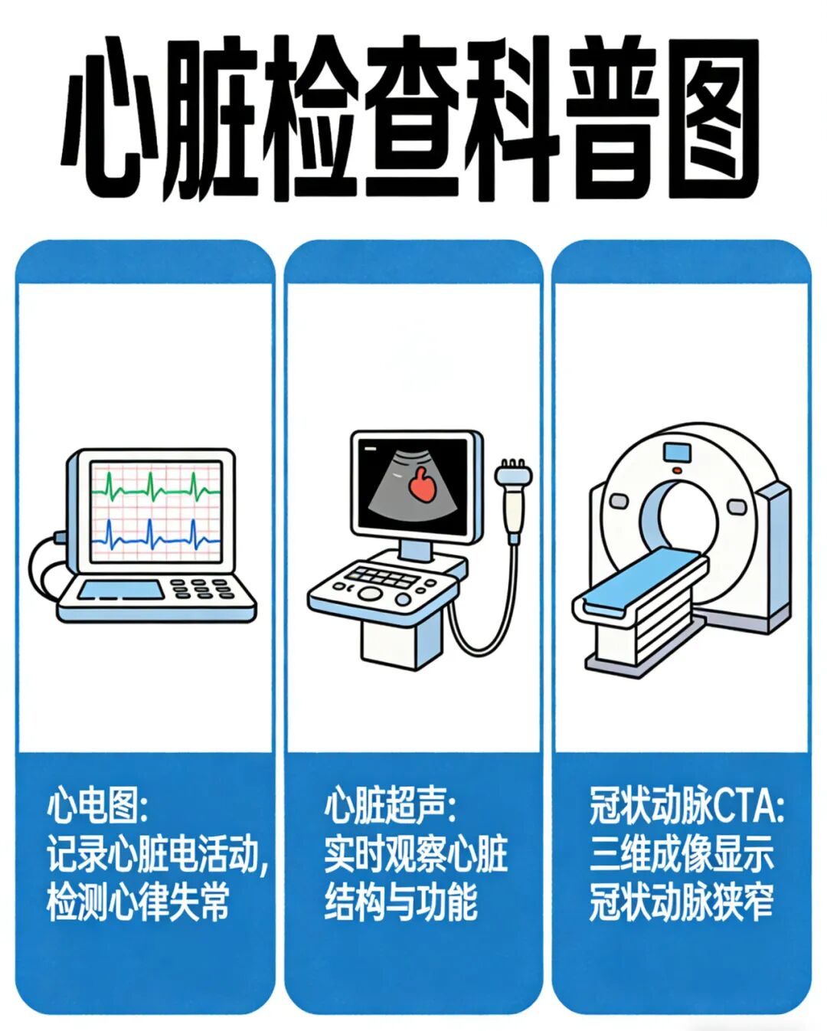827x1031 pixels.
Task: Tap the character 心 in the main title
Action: point(111,118)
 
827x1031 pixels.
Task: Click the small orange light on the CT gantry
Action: point(677,470)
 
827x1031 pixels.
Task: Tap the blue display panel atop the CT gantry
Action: point(677,453)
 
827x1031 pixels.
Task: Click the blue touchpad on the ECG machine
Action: point(119,589)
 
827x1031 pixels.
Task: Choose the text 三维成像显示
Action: point(681,854)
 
